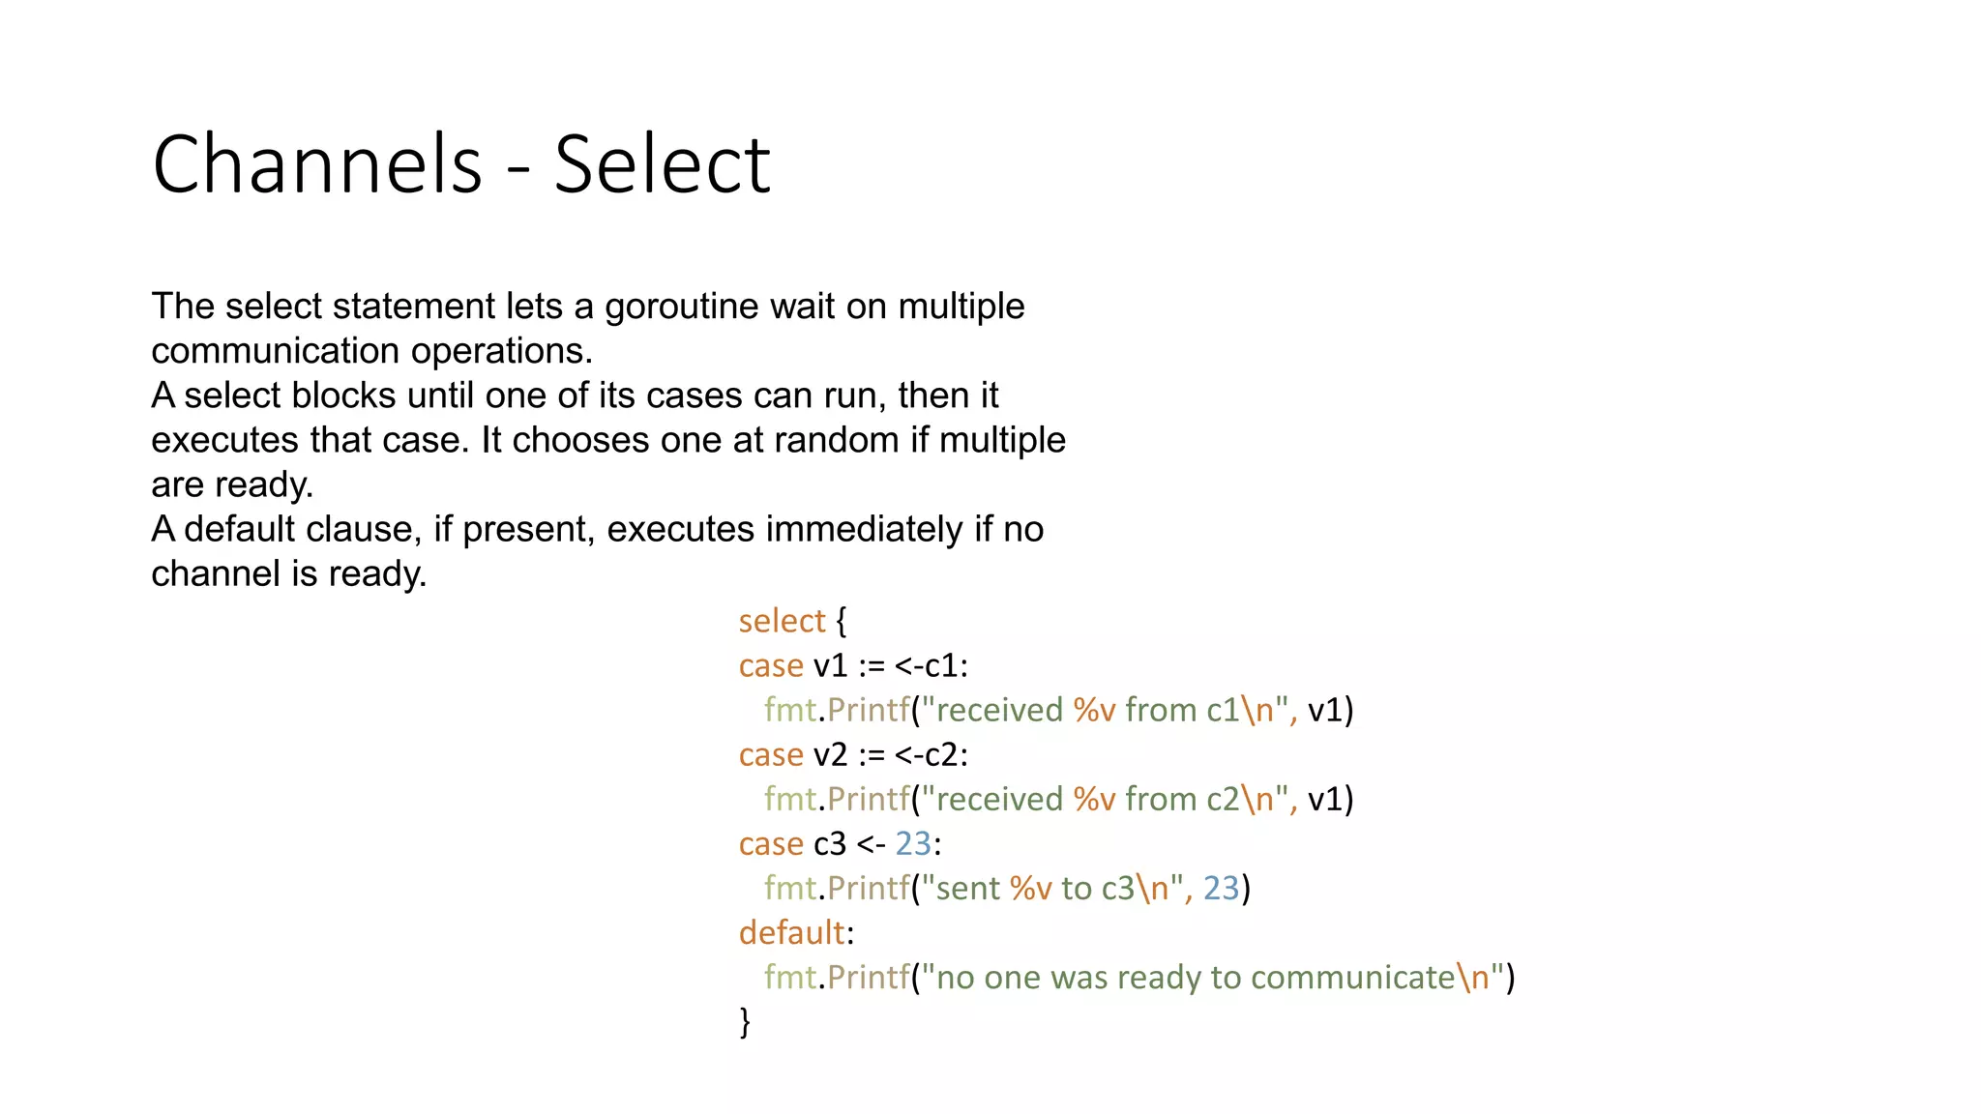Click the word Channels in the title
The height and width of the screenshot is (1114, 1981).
click(316, 164)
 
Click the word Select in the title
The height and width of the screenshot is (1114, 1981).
click(662, 164)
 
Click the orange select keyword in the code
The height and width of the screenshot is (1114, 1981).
click(782, 621)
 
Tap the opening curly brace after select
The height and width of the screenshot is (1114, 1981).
click(841, 621)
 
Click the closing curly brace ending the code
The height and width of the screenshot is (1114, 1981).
click(745, 1021)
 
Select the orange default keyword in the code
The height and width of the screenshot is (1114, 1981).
click(792, 932)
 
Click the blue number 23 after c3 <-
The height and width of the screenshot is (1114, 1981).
click(913, 843)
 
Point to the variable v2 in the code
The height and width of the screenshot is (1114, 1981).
click(830, 754)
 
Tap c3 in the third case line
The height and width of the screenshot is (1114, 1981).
click(830, 843)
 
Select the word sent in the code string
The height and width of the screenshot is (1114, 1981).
click(967, 888)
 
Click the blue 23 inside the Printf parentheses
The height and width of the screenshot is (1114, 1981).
click(1221, 888)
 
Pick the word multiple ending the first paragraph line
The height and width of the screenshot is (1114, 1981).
click(961, 308)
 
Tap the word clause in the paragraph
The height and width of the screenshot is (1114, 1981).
click(363, 529)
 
